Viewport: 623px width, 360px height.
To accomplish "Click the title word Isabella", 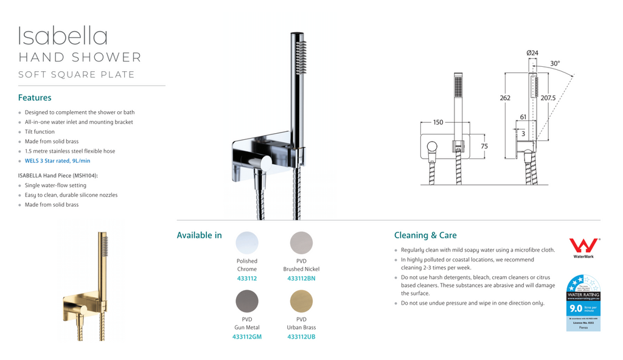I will [x=63, y=36].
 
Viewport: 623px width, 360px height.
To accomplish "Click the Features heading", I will [x=35, y=97].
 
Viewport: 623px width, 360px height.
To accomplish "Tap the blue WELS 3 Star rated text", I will [x=58, y=161].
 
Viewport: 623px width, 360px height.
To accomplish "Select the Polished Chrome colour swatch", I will [x=247, y=243].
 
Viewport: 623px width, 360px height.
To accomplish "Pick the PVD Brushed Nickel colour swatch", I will [x=301, y=243].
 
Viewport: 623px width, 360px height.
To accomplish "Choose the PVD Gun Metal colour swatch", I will [x=247, y=301].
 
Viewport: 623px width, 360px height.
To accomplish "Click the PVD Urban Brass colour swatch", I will [x=301, y=301].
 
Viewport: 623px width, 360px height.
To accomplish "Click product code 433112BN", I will [x=301, y=279].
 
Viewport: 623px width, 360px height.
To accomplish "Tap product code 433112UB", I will [x=301, y=337].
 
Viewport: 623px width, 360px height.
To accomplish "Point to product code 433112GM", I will [x=247, y=337].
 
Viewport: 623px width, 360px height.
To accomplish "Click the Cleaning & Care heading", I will [x=425, y=235].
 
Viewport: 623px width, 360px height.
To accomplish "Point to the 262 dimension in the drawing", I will [x=505, y=98].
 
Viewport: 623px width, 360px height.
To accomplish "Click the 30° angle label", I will [x=555, y=63].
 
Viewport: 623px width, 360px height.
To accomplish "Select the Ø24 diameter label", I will [x=532, y=54].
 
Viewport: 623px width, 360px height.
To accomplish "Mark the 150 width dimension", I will [x=438, y=122].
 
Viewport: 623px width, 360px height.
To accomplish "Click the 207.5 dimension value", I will [x=548, y=98].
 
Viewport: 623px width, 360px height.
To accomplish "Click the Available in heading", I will [x=199, y=235].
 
